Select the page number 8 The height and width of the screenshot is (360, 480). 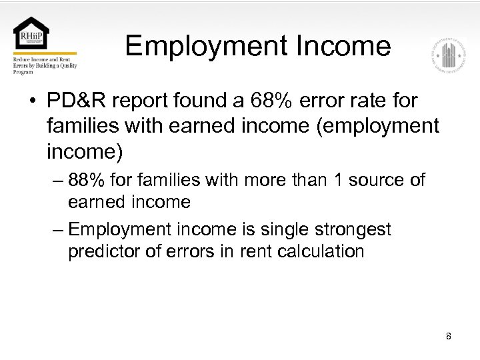449,336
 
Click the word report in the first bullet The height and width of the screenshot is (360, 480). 144,101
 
